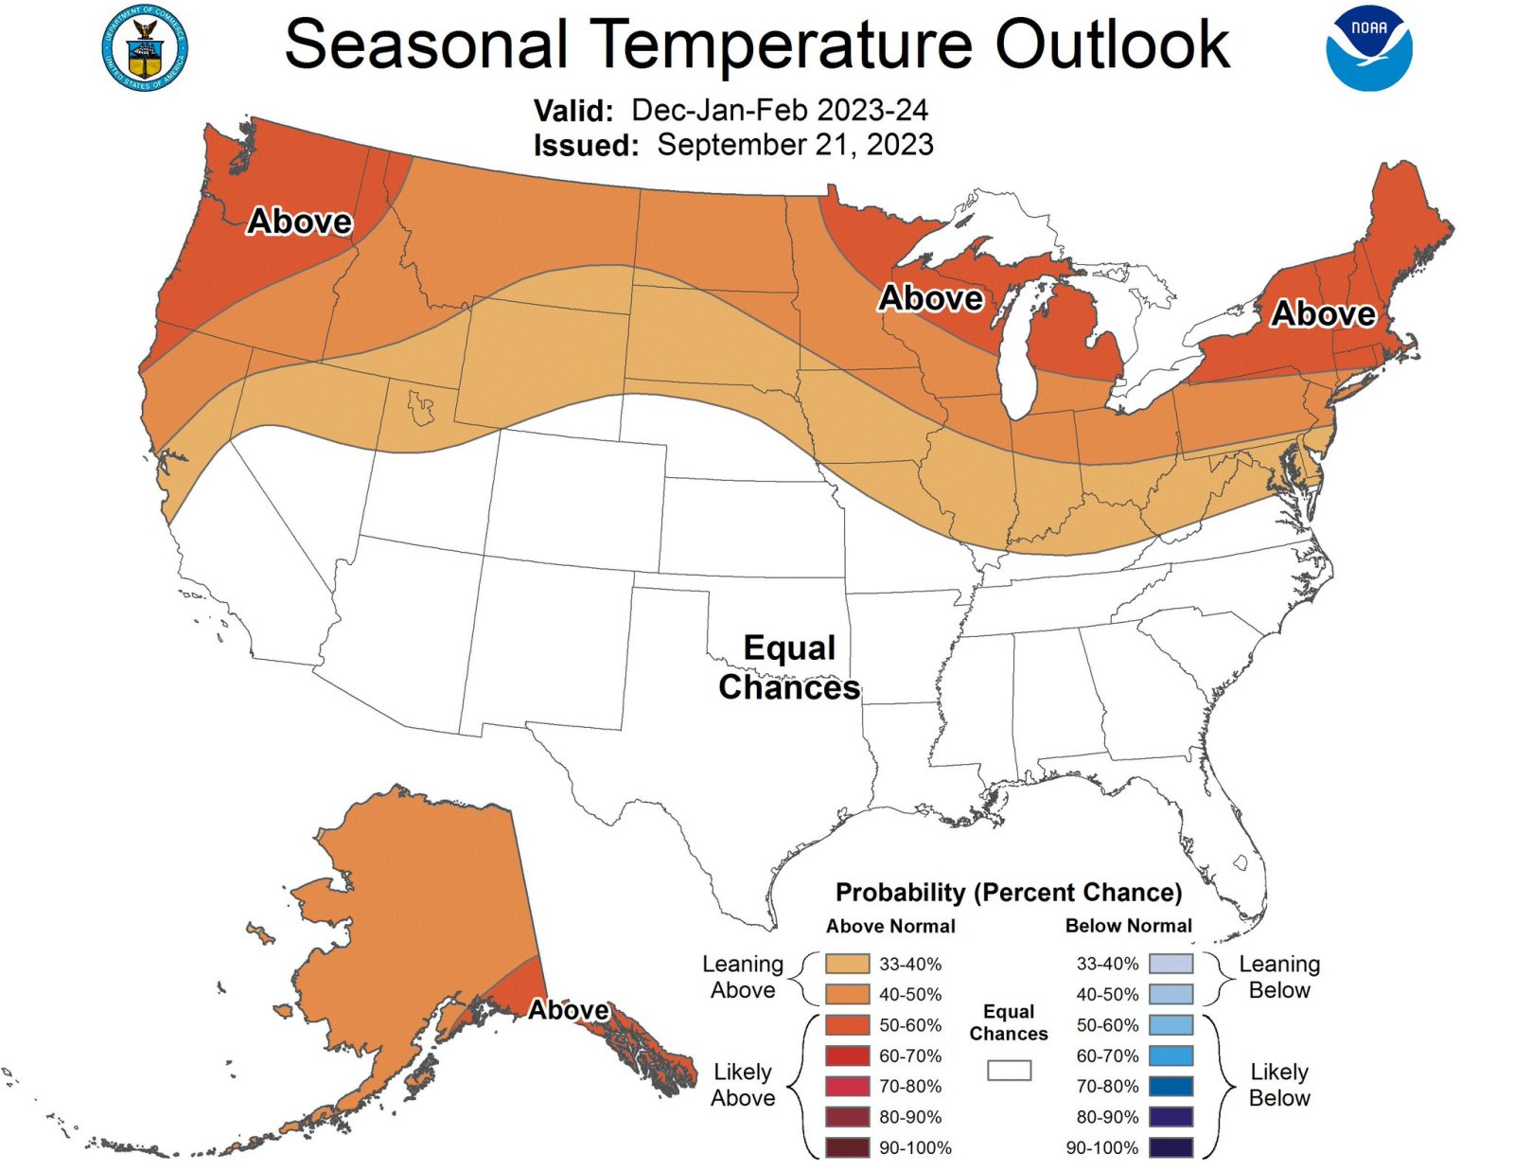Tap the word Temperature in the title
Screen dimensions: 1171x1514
[784, 44]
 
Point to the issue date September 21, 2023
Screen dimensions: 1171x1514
[795, 145]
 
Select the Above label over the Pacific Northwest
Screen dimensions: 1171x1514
[299, 222]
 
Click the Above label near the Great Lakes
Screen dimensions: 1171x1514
[931, 298]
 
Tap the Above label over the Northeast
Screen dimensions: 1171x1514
[1323, 313]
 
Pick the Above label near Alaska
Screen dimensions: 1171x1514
[568, 1010]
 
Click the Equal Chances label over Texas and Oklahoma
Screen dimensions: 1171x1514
[789, 667]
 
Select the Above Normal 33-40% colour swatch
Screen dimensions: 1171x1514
[847, 964]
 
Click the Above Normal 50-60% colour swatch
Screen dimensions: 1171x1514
[847, 1025]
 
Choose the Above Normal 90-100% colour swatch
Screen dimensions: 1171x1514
[847, 1147]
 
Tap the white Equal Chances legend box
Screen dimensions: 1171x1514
[1009, 1070]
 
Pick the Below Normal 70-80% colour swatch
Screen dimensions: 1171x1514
[1171, 1086]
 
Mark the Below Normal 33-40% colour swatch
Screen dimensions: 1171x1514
[1171, 964]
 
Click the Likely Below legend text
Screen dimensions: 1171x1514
[1279, 1085]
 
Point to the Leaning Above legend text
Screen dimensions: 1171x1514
[743, 977]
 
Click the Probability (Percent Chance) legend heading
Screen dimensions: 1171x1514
[1009, 893]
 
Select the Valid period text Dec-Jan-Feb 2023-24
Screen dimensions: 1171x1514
[779, 110]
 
